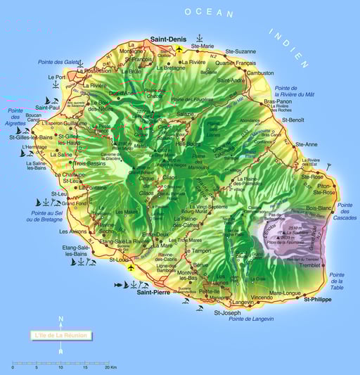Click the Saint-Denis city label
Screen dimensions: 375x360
167,39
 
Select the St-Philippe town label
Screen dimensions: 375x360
318,299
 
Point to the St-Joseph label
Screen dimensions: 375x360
227,312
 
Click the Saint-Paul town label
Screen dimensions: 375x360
48,108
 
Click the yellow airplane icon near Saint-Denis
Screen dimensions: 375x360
179,49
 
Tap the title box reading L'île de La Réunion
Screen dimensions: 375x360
61,336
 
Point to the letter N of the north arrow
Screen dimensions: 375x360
61,319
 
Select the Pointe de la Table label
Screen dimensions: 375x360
337,281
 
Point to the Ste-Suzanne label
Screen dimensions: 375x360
241,51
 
